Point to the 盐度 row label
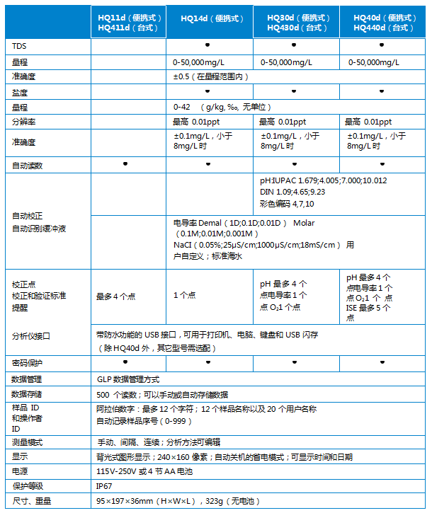tap(20, 93)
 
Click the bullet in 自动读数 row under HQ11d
tap(125, 163)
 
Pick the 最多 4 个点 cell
tap(116, 296)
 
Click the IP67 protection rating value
tap(104, 486)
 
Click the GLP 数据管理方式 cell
tap(128, 379)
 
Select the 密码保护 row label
tap(28, 363)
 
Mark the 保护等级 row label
tap(28, 487)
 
